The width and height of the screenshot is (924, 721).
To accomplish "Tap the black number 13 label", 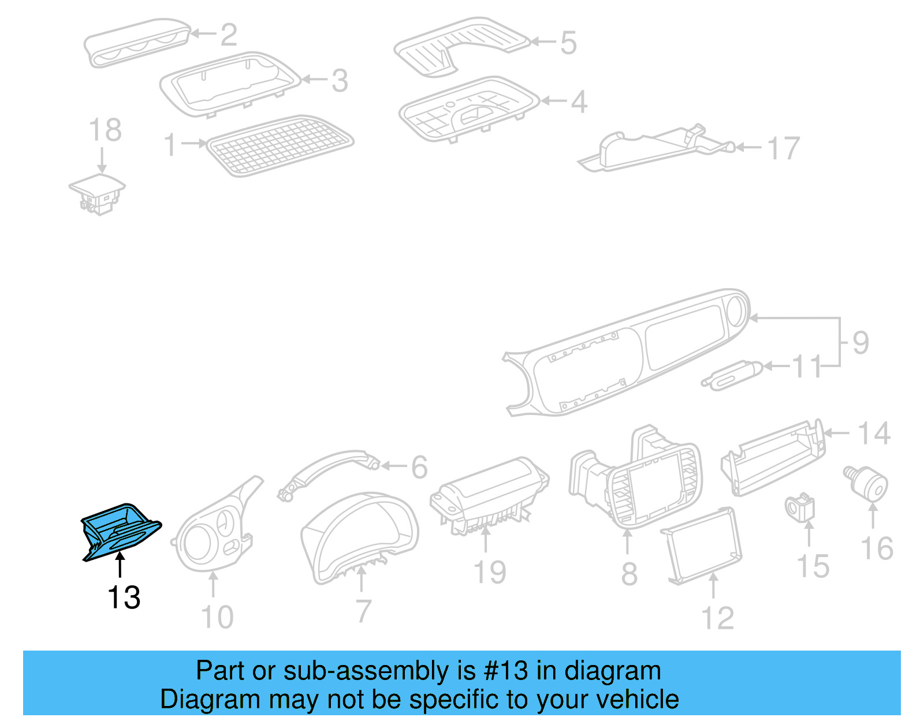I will coord(124,597).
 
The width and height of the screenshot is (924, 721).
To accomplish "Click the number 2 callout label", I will coord(229,35).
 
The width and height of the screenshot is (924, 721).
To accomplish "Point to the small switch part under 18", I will coord(98,193).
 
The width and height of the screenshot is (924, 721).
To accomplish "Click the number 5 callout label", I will coord(568,43).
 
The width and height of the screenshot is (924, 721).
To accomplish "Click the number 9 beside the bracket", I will coord(860,343).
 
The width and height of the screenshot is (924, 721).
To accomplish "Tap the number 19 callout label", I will coord(489,573).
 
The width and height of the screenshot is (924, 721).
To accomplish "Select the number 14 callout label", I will coord(873,434).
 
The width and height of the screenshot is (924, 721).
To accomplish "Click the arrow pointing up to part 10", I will coord(214,584).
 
